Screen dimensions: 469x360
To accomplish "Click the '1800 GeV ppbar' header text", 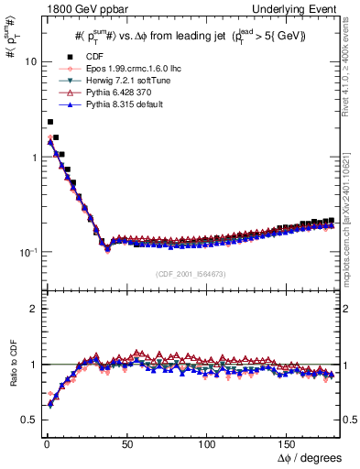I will (x=76, y=9).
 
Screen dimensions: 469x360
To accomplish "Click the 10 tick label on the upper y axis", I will (x=29, y=62).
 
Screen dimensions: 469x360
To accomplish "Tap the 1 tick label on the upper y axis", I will (x=32, y=157).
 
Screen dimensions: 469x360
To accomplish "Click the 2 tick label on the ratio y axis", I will (x=32, y=309).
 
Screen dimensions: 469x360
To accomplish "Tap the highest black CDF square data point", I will (x=50, y=121).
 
